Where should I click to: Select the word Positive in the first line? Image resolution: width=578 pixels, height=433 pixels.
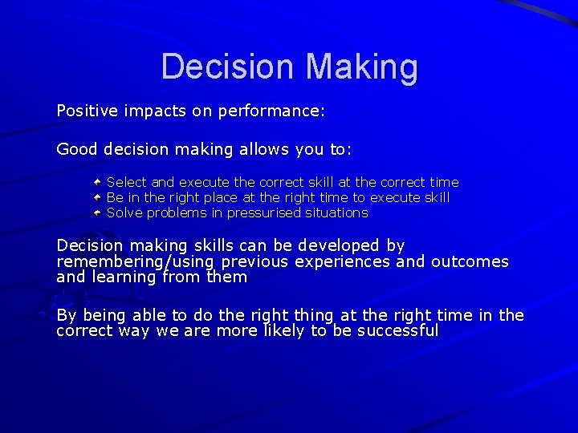pyautogui.click(x=86, y=111)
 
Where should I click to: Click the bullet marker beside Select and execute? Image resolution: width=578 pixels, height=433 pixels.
pyautogui.click(x=96, y=182)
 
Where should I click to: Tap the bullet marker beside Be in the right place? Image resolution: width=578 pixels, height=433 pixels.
pyautogui.click(x=96, y=197)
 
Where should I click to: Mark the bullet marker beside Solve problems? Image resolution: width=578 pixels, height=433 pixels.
pyautogui.click(x=96, y=212)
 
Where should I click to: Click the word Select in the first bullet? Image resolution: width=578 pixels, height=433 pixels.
pyautogui.click(x=126, y=182)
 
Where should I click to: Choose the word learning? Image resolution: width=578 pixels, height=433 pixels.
pyautogui.click(x=124, y=277)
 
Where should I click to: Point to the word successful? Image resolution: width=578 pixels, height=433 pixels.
pyautogui.click(x=397, y=330)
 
